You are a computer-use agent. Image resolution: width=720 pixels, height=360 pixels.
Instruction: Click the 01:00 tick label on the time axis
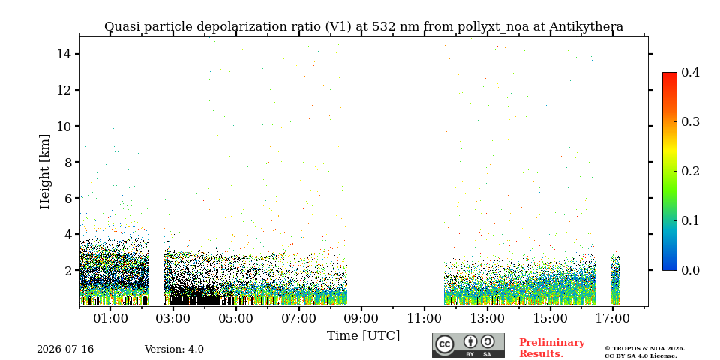click(x=111, y=318)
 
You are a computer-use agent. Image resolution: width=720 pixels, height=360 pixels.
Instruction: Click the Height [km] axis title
click(x=44, y=172)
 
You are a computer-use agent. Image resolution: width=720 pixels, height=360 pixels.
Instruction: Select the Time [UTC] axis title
click(x=363, y=336)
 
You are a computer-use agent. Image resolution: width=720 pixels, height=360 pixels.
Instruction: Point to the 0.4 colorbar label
click(x=690, y=72)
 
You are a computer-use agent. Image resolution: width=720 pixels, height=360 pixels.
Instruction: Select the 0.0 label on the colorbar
click(x=690, y=270)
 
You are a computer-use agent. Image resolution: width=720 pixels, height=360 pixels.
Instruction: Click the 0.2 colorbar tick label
click(x=690, y=171)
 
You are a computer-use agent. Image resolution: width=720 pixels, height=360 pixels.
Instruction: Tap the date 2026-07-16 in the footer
click(x=65, y=349)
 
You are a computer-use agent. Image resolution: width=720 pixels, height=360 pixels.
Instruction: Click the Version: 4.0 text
click(x=174, y=349)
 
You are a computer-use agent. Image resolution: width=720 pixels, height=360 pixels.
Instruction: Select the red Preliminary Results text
click(x=552, y=348)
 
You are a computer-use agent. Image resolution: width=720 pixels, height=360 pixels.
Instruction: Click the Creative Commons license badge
click(x=468, y=345)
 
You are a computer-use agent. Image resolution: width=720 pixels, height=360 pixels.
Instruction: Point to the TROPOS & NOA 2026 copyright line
click(x=644, y=349)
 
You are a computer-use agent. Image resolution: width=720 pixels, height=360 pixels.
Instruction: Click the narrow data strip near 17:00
click(x=615, y=280)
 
